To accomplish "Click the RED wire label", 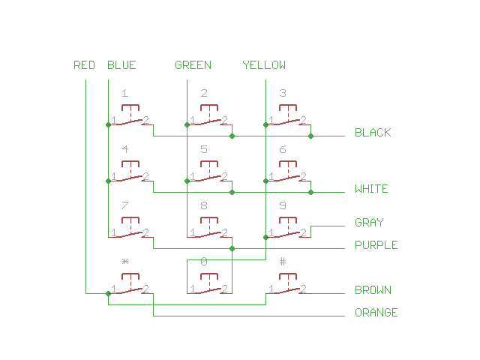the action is pos(84,65).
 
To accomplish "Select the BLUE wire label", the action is pos(121,65).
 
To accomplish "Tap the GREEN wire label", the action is pos(193,65).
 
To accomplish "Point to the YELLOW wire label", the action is pos(264,65).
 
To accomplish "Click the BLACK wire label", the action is pos(373,133).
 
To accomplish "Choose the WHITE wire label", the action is pos(371,189).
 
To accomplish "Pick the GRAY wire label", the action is pos(369,223).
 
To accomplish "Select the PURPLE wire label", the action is pos(376,245).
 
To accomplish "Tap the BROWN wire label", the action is pos(373,290).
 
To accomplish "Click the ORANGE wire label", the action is pos(376,313).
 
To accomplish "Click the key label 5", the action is pos(204,149).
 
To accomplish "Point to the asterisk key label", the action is pos(125,262).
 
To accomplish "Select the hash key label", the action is pos(283,262).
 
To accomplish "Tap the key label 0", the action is pos(204,262).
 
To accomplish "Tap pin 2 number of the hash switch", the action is pos(303,289).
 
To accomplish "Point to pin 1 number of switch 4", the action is pos(114,176).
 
